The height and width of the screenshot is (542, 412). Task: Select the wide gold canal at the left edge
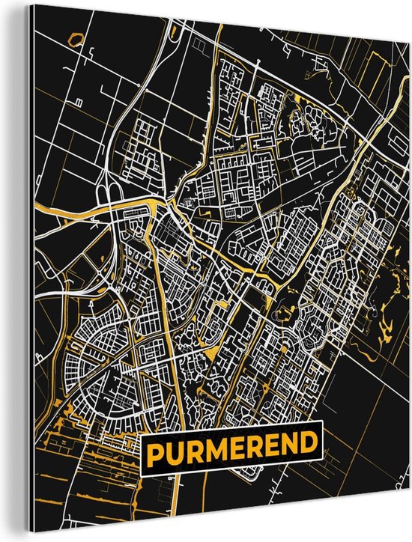(56, 218)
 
